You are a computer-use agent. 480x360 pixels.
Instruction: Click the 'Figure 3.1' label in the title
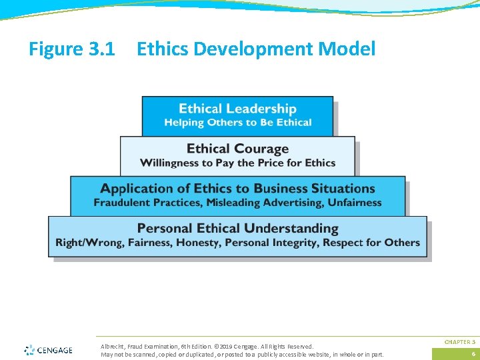[72, 49]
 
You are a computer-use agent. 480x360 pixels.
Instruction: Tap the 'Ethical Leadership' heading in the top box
[237, 109]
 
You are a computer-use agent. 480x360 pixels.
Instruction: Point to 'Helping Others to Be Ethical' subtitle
[237, 123]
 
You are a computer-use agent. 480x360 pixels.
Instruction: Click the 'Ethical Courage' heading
[237, 149]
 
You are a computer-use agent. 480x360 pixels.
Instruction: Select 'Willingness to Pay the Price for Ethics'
[237, 163]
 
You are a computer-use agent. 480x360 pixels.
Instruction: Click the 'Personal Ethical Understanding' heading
[237, 229]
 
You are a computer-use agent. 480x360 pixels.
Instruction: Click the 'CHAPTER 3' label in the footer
[460, 342]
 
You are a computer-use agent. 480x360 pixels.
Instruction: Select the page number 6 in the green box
[473, 354]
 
